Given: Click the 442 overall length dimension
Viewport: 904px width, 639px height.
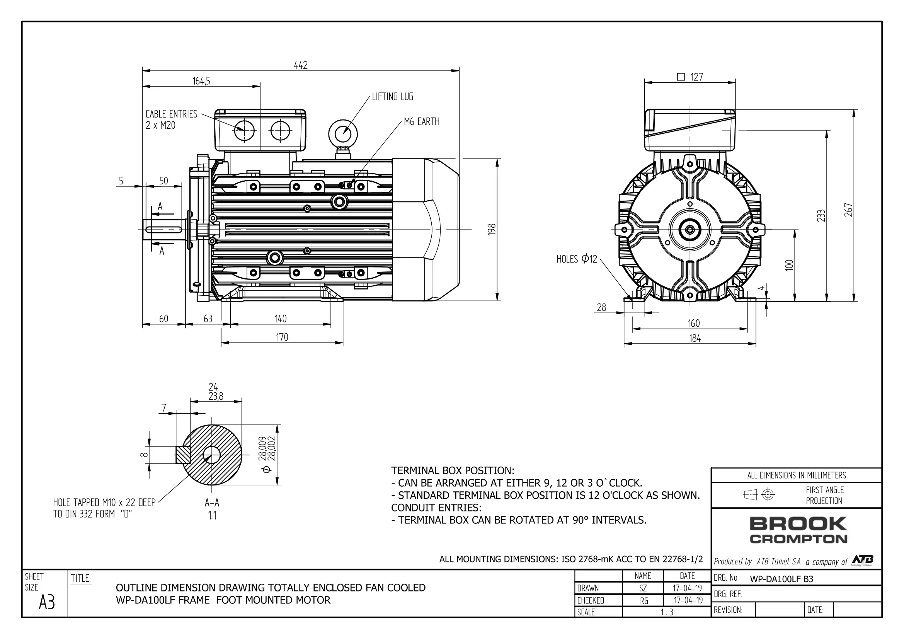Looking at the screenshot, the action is (x=301, y=65).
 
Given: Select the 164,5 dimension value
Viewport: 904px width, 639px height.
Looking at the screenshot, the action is (x=201, y=81).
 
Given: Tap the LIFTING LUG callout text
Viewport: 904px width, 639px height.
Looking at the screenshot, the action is (x=393, y=97).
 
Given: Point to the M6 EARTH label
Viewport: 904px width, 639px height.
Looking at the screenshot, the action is (x=422, y=122).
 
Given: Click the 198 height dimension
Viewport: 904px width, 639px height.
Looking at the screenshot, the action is (x=491, y=230).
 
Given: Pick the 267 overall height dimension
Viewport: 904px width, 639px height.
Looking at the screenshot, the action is (x=848, y=210).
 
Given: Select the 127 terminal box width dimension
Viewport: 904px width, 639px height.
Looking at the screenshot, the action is (x=690, y=77).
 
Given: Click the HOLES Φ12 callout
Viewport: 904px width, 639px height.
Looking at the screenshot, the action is (x=577, y=259).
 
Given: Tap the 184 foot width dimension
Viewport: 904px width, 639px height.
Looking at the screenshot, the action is (x=695, y=338).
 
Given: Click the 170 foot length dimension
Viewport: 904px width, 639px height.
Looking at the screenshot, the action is (x=282, y=337).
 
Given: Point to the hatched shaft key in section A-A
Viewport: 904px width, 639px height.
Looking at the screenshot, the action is (x=183, y=455).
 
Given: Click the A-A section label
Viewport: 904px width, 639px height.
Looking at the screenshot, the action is (x=212, y=503).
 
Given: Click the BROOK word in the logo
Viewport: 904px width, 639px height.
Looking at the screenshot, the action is (x=798, y=524).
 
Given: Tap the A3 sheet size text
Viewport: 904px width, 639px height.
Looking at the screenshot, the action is (x=47, y=602).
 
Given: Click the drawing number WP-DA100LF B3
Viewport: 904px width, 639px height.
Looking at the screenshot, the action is (x=781, y=579).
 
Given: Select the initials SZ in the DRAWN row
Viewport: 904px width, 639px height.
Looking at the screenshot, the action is (x=643, y=588).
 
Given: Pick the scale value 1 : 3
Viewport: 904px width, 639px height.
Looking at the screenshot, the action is (x=667, y=612).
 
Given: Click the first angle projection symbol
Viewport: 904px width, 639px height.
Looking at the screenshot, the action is (x=759, y=494).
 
